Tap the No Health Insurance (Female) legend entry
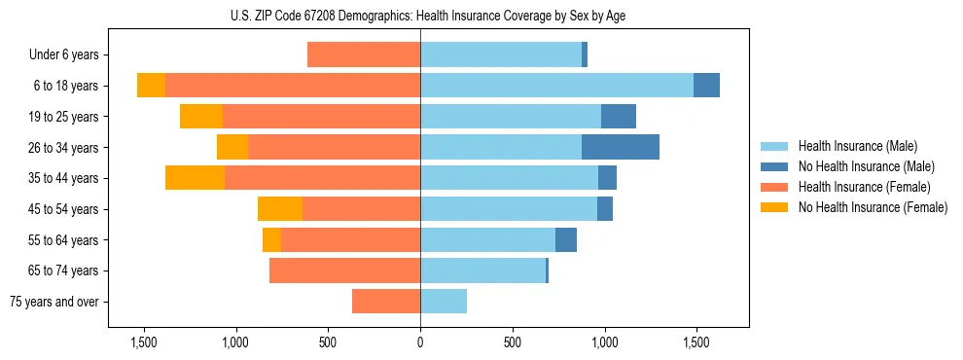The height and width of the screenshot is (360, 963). click(871, 207)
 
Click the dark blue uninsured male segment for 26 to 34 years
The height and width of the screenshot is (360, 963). click(621, 147)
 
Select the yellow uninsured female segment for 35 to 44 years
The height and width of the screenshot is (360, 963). click(195, 178)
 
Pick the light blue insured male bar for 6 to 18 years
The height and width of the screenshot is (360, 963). click(556, 86)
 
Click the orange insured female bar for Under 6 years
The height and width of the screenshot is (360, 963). click(364, 55)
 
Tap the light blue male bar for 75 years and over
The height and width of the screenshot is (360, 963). click(444, 302)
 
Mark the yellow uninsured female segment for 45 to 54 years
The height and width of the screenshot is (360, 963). click(280, 209)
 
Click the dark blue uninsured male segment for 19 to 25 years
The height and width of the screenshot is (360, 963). click(619, 117)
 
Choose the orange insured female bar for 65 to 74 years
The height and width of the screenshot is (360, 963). click(344, 270)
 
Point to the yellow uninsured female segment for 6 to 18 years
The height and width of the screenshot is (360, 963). click(151, 86)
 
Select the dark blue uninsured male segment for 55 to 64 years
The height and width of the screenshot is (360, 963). click(566, 240)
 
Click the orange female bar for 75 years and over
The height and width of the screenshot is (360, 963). click(386, 302)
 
